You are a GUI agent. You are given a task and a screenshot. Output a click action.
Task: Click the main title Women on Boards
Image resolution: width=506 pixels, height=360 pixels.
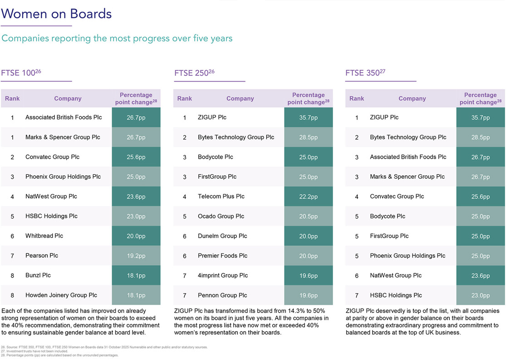click(56, 14)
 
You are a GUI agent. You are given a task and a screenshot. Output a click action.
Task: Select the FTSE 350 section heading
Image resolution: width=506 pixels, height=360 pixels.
click(365, 73)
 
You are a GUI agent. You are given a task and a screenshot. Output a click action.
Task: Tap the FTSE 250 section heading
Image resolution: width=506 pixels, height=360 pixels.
click(194, 73)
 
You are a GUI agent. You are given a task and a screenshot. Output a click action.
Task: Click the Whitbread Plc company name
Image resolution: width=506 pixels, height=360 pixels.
click(44, 236)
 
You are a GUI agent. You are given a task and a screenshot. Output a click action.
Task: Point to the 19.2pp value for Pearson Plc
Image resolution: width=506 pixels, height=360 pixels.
click(136, 256)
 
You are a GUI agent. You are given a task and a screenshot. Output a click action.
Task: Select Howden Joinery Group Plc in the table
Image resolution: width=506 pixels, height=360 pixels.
click(61, 295)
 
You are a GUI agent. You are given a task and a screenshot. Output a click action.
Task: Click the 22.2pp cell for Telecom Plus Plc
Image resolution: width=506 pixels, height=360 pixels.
click(308, 197)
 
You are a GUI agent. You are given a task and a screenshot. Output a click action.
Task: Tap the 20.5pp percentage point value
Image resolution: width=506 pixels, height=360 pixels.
click(308, 216)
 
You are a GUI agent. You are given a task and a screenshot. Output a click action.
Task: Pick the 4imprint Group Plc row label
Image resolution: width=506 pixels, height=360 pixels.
click(223, 275)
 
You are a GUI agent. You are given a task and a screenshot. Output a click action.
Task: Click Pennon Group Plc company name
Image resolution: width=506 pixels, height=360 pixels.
click(222, 295)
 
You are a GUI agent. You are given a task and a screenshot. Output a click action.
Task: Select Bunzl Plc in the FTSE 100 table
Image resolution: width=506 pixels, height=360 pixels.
click(38, 275)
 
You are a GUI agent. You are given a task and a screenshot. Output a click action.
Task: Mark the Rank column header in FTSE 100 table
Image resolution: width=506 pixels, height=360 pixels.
click(12, 98)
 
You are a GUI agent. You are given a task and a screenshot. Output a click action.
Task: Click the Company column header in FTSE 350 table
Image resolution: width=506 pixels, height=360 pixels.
click(412, 98)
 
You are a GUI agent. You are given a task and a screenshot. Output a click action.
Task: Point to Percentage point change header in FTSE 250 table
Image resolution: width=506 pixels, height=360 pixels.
click(308, 98)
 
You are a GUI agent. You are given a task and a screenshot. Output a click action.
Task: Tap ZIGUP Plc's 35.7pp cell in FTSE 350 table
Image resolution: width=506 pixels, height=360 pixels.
click(480, 117)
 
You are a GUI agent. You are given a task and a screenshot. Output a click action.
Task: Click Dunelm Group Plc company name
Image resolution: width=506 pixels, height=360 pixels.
click(222, 236)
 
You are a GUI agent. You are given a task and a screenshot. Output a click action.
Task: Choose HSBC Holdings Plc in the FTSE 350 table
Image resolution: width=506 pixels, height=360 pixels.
click(396, 295)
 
